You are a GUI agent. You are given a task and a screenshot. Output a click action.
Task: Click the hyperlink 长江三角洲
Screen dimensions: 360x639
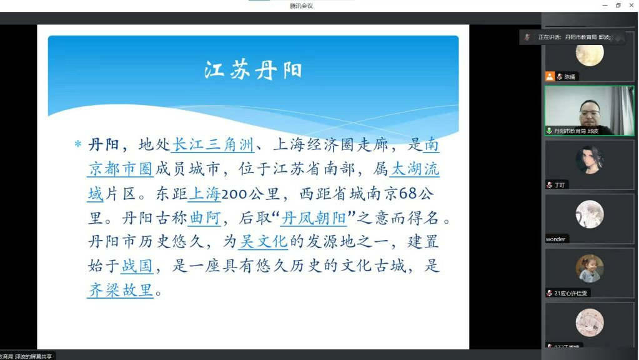tap(212, 145)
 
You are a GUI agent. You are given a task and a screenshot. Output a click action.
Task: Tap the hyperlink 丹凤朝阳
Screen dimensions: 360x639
tap(314, 217)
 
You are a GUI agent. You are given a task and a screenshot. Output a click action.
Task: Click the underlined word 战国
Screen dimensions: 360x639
tap(137, 266)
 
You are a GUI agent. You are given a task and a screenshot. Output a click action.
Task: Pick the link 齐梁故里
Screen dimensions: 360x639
tap(120, 290)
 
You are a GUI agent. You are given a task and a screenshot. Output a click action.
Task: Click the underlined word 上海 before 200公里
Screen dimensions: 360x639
tap(204, 194)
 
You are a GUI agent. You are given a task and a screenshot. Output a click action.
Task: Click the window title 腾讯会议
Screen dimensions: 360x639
tap(301, 6)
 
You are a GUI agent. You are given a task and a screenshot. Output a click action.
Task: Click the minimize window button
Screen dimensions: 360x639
tap(605, 6)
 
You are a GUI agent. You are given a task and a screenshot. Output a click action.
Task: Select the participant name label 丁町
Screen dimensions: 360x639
tap(560, 185)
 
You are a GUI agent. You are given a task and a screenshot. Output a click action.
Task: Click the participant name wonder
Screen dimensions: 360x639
tap(555, 239)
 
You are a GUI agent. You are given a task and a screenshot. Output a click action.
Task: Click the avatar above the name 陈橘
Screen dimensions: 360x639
tap(589, 55)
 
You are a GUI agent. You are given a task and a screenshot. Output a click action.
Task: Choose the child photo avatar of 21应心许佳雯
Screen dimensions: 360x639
tap(589, 268)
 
